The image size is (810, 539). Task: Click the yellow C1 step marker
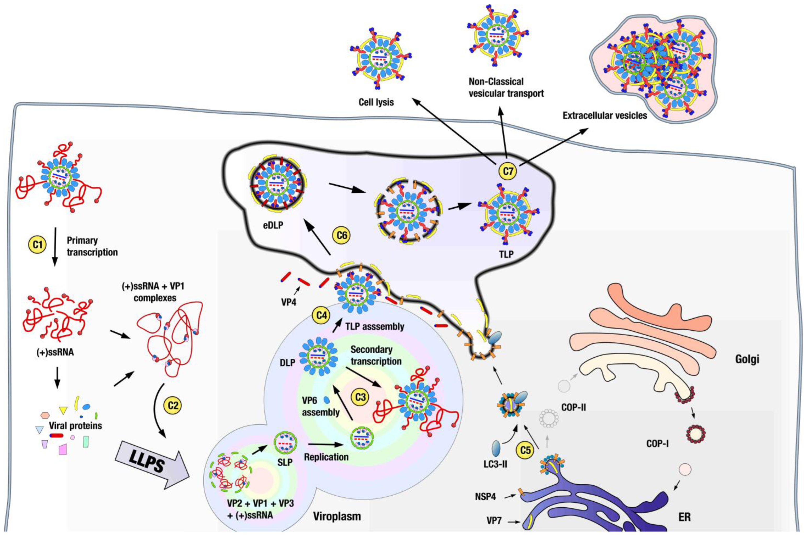tap(37, 245)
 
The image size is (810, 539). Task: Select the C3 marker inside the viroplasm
tap(360, 397)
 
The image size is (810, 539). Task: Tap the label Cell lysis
tap(376, 102)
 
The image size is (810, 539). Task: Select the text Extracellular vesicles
tap(605, 116)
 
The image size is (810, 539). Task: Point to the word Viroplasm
tap(337, 516)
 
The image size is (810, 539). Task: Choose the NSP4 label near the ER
tap(486, 497)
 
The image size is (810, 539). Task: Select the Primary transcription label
tap(92, 246)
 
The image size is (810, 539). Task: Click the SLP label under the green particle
tap(285, 462)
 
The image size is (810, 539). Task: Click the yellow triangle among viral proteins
tap(63, 410)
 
